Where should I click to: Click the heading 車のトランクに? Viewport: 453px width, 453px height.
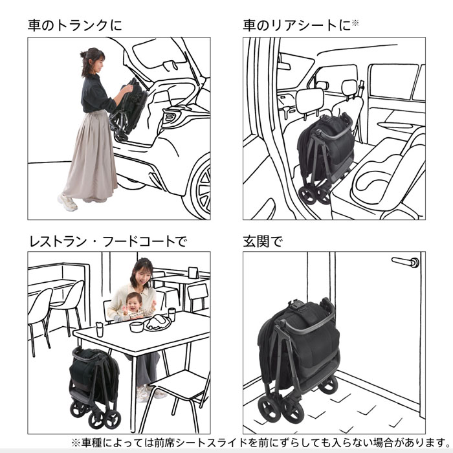pos(74,26)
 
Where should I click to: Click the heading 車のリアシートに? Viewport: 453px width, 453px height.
pos(298,26)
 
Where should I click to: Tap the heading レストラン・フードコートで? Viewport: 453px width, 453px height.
pos(107,241)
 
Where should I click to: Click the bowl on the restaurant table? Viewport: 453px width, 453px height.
pos(136,327)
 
